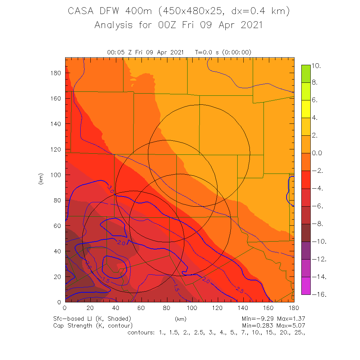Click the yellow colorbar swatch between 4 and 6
306,109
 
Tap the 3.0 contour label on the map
111,188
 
